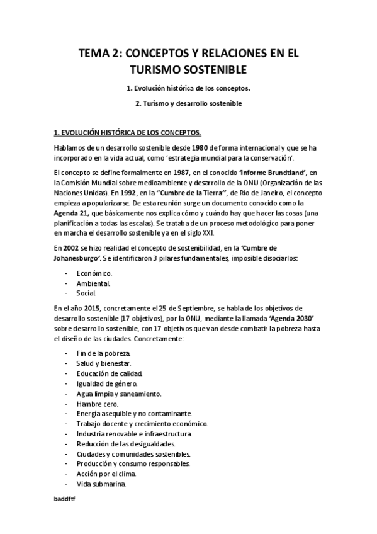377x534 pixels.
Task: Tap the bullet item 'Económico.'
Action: [94, 273]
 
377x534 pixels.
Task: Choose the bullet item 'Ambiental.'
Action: [93, 283]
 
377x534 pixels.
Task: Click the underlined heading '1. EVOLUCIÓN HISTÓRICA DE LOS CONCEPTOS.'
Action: [128, 132]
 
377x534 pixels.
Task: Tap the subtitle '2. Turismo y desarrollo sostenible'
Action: [188, 103]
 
